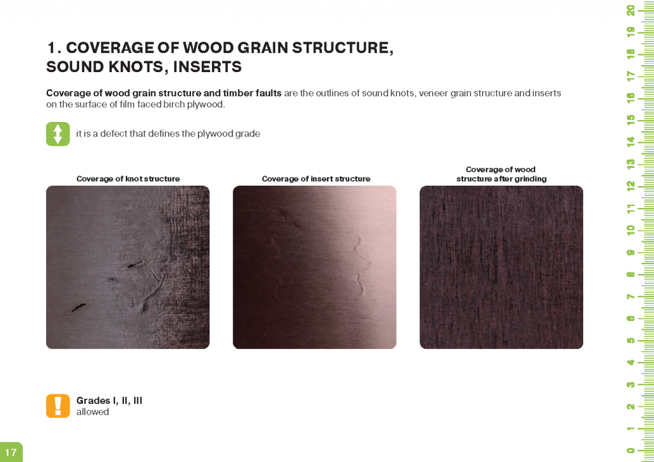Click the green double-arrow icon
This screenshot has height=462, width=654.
(58, 134)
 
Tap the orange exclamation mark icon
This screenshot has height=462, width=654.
(58, 406)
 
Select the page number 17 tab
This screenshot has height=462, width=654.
(11, 452)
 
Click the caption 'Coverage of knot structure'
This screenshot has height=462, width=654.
(128, 179)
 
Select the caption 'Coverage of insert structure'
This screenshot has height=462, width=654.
(316, 179)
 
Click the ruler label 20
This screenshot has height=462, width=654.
(630, 10)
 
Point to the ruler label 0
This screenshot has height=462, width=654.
(630, 450)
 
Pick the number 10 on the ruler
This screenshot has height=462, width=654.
(630, 230)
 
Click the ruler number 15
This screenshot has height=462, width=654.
(630, 119)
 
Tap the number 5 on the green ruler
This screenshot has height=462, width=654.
(630, 340)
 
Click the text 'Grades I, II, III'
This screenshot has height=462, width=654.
(109, 400)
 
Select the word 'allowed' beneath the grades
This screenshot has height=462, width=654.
(93, 412)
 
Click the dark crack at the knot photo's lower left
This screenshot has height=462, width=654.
(79, 308)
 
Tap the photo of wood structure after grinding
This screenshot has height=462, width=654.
(501, 267)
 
